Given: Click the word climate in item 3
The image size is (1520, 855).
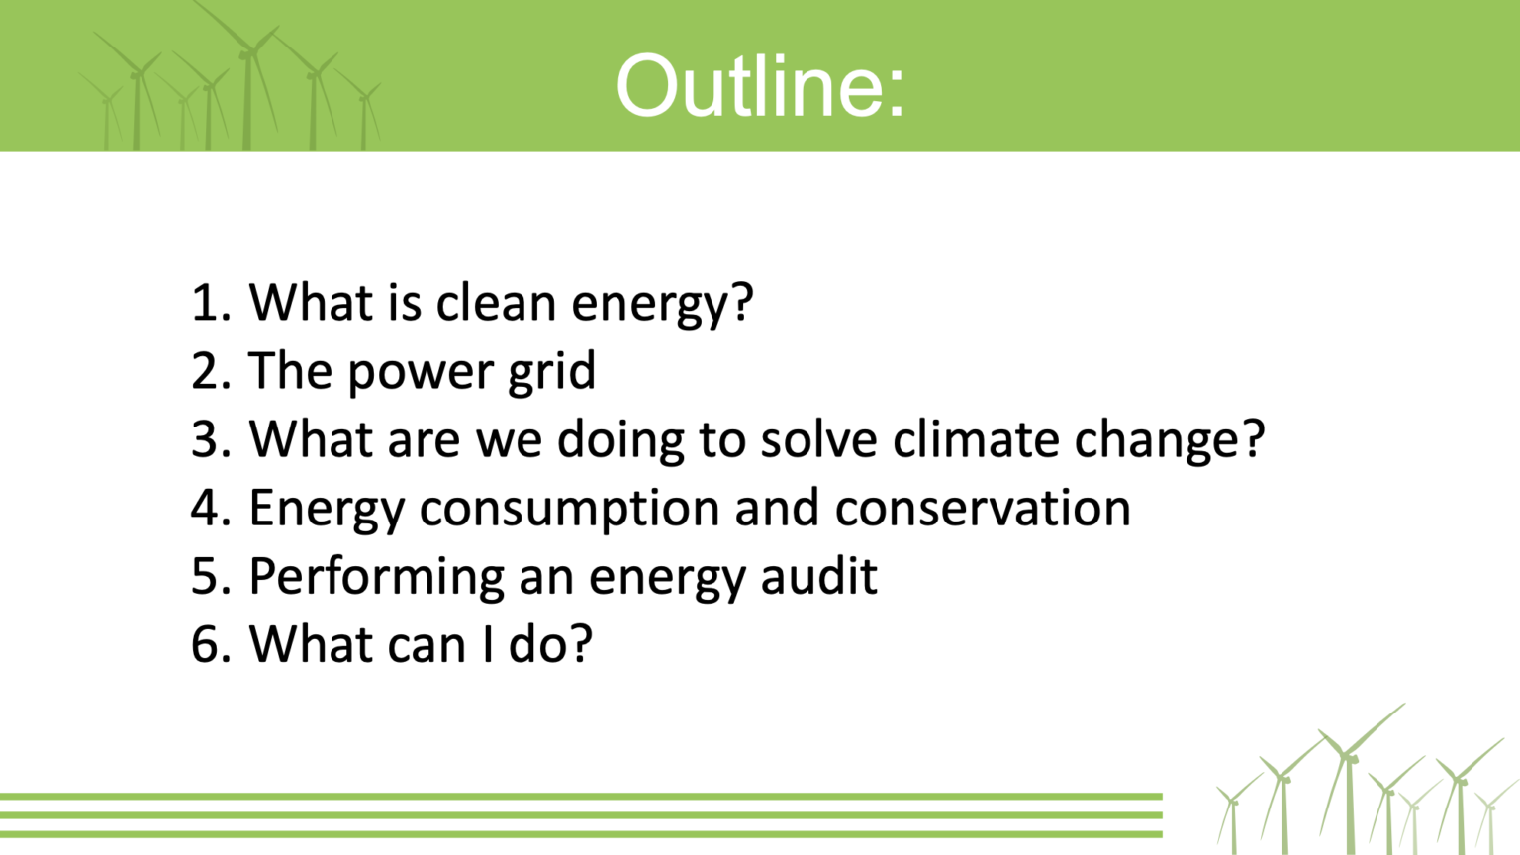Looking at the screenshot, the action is [x=976, y=438].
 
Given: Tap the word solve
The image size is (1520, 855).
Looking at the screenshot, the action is [x=819, y=438].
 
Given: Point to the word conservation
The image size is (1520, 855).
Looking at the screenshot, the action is [x=983, y=509].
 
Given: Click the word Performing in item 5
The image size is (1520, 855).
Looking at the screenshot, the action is [x=377, y=578].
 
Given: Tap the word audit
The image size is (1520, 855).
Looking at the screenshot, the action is [x=819, y=575].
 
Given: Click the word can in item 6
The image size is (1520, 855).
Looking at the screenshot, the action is [x=427, y=646].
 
